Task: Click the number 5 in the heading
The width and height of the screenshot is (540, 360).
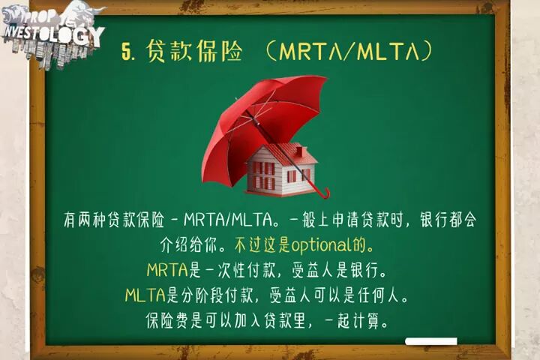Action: click(126, 52)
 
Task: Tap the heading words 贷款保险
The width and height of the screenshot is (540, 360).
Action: click(194, 51)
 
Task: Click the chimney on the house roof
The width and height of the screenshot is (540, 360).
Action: click(299, 151)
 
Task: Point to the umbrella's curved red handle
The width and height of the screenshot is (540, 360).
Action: click(325, 194)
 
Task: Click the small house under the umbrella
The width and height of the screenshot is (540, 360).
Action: click(280, 169)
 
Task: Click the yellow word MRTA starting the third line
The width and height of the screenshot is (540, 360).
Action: click(167, 270)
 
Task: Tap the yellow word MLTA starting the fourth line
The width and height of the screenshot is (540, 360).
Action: click(145, 295)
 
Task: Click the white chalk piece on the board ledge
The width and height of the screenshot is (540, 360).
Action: click(431, 341)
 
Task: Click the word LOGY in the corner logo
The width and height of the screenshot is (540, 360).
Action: click(79, 35)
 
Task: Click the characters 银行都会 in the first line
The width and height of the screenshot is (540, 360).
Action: click(448, 220)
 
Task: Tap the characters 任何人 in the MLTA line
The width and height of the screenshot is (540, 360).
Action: click(378, 295)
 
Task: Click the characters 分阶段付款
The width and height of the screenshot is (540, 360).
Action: click(217, 295)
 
